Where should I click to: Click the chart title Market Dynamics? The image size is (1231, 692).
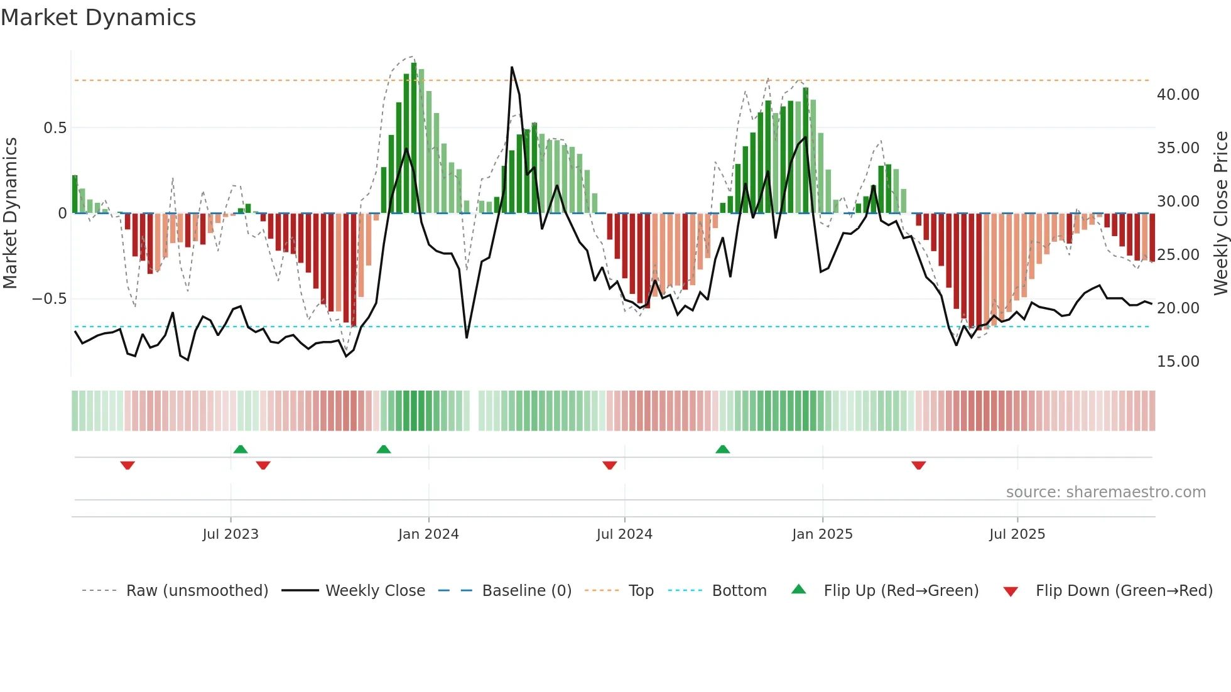98,18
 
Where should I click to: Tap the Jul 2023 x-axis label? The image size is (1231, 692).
230,534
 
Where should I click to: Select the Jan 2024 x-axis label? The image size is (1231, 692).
428,534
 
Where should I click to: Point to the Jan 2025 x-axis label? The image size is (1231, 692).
822,534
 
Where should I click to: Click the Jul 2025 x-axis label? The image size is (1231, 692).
1017,534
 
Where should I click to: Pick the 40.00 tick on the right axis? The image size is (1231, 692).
1178,95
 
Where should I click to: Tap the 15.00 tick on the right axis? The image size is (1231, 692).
1178,362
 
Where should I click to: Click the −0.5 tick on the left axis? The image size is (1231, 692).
49,299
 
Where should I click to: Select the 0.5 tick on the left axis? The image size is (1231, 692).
55,128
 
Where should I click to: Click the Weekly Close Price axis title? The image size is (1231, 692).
1220,213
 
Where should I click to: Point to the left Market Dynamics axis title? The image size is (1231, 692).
10,213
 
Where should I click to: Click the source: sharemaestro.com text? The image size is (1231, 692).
1105,492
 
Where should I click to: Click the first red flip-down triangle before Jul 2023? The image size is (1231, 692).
127,465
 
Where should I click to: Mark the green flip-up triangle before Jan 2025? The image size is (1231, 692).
723,449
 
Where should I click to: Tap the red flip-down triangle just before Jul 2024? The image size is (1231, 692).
609,465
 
